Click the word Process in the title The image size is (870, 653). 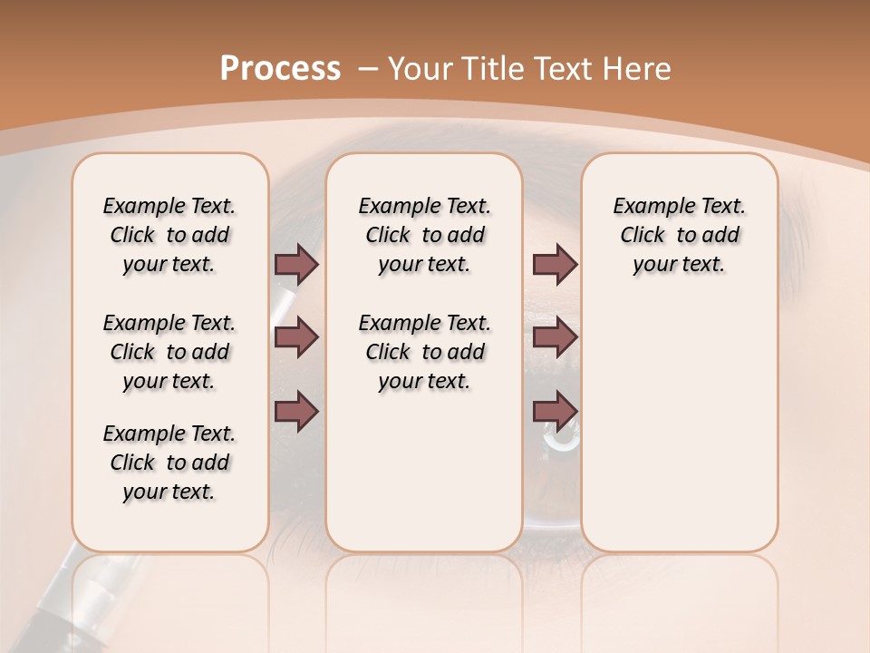[x=280, y=69]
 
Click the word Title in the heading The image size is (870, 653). [x=488, y=69]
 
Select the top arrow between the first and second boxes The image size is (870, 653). [x=296, y=264]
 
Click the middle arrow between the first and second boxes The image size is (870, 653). [x=296, y=337]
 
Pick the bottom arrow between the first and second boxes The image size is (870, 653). [x=296, y=411]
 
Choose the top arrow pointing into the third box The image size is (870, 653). [x=555, y=264]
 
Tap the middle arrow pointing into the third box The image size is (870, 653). [x=555, y=337]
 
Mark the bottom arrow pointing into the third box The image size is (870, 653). [x=555, y=411]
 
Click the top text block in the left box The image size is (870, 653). [x=169, y=235]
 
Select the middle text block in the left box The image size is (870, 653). [x=169, y=352]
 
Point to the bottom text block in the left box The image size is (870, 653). [x=169, y=463]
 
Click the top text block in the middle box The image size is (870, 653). [x=424, y=235]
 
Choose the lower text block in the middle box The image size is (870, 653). [x=424, y=352]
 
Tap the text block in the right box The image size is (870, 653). [x=679, y=235]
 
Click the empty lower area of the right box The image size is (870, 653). [x=679, y=426]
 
